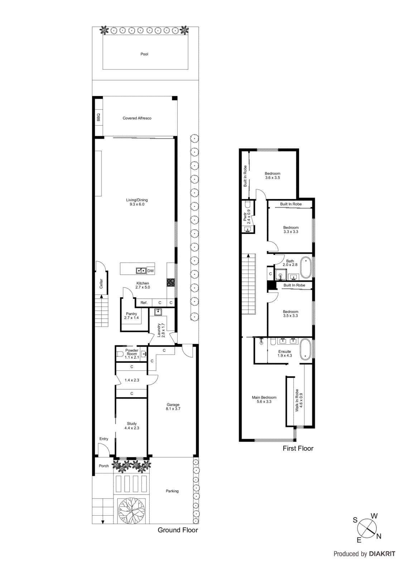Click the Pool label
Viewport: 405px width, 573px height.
[144, 54]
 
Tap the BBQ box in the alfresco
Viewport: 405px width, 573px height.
[98, 117]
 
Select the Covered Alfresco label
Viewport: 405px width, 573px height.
[137, 118]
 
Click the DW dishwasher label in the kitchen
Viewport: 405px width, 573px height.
[150, 271]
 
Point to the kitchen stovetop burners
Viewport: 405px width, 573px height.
[171, 283]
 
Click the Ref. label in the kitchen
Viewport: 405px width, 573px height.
[144, 303]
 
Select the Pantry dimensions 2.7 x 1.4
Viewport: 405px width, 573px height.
[131, 318]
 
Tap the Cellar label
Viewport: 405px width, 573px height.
[101, 284]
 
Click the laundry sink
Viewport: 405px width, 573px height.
[158, 312]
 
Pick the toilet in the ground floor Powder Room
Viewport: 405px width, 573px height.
[120, 355]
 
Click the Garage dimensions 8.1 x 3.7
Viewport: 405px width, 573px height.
[173, 409]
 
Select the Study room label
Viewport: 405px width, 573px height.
[132, 424]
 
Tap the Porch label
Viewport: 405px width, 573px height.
[104, 466]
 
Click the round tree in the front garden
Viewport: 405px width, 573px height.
[131, 510]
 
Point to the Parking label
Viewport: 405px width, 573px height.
[172, 491]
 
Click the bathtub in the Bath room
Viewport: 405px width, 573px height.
[305, 267]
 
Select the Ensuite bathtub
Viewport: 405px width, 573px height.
[305, 349]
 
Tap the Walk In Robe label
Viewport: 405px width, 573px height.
[296, 400]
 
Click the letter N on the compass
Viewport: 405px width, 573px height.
[379, 536]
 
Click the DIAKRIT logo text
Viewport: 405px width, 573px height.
[382, 554]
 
